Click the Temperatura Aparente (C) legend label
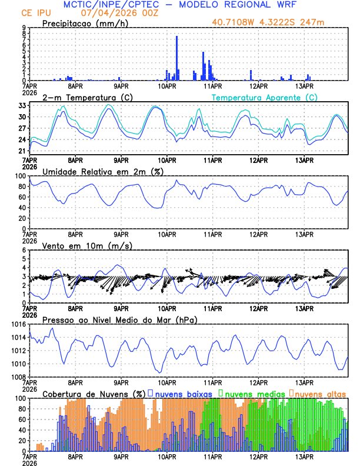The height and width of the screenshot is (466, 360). click(x=264, y=97)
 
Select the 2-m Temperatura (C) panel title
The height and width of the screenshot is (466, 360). click(x=88, y=97)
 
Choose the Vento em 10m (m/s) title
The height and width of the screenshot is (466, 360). click(x=87, y=245)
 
